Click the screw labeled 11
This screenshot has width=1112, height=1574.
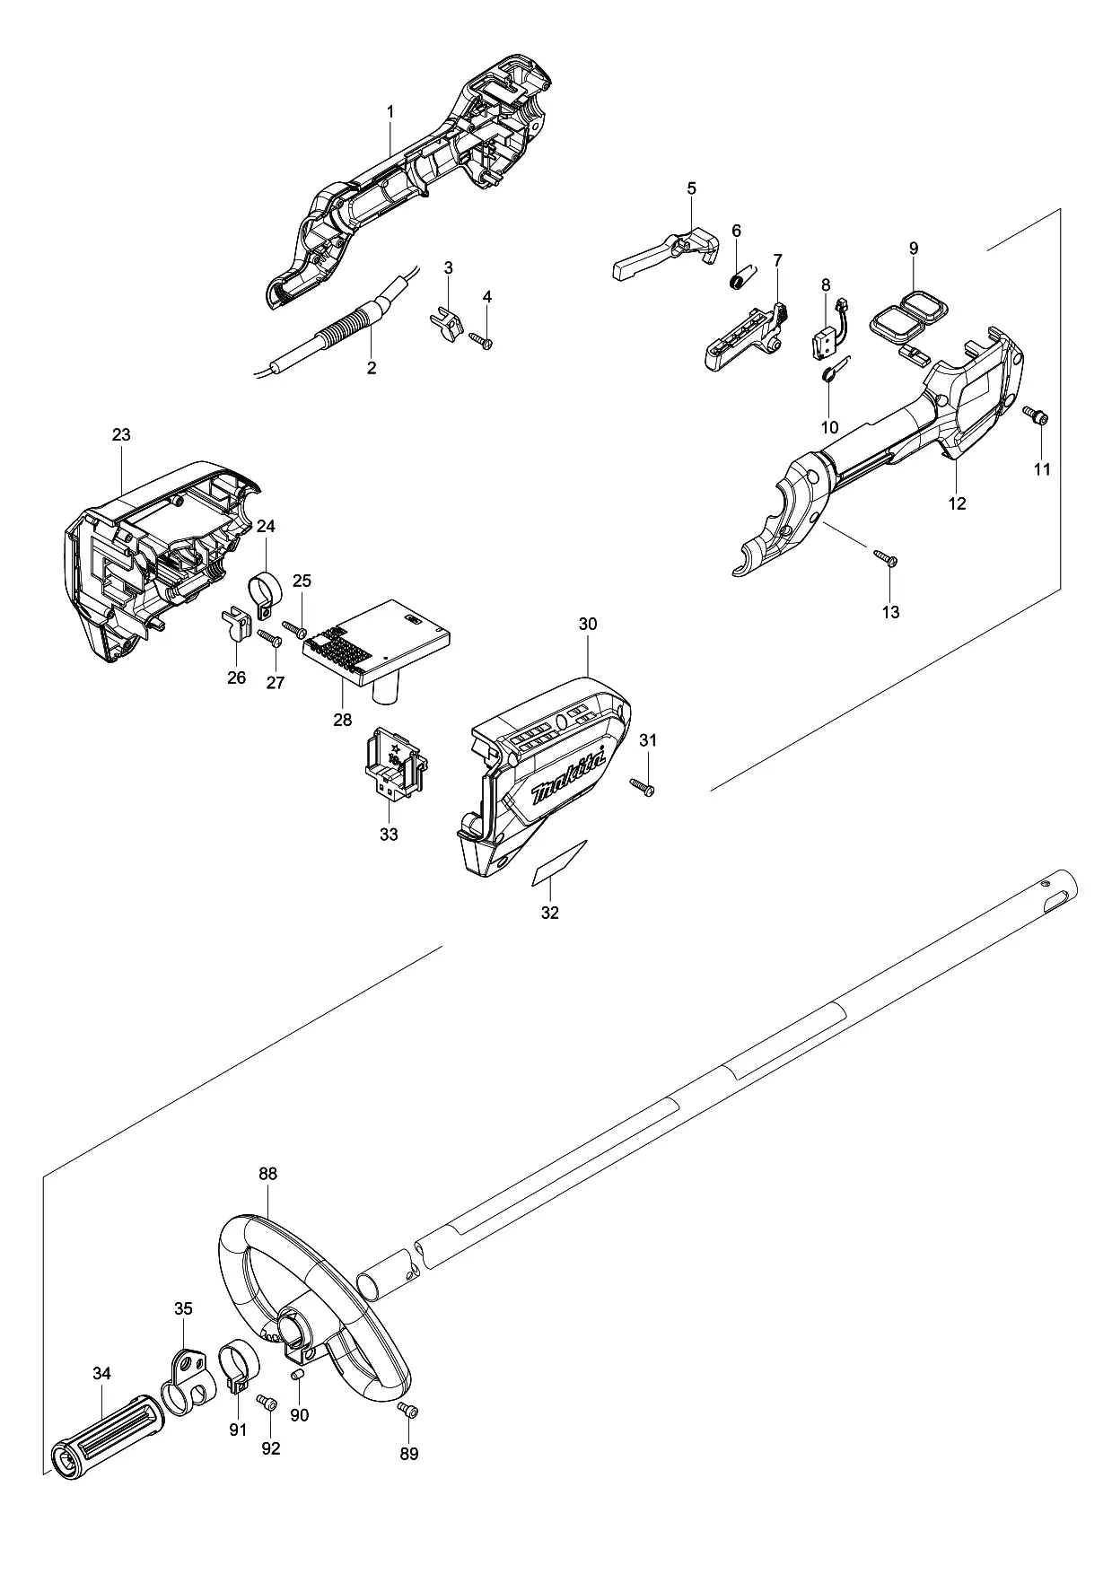pyautogui.click(x=1037, y=415)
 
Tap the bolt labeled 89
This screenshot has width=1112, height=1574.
pyautogui.click(x=407, y=1412)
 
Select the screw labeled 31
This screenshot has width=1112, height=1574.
pyautogui.click(x=642, y=786)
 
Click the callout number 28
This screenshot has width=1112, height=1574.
pyautogui.click(x=343, y=720)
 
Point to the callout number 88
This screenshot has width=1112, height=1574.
pyautogui.click(x=267, y=1174)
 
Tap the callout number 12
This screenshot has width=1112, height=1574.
pyautogui.click(x=957, y=503)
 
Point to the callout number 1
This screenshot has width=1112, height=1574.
pyautogui.click(x=390, y=111)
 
